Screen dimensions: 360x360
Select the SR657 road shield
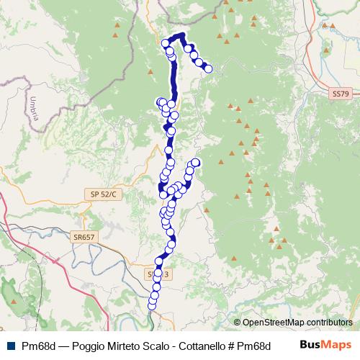coord(84,236)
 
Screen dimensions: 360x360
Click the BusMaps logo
coord(325,345)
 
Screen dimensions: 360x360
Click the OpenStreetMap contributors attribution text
coord(297,323)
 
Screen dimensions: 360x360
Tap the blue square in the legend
coord(9,346)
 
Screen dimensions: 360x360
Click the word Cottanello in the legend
coord(189,346)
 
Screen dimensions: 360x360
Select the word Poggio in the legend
coord(85,346)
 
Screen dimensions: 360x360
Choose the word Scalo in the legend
coord(153,346)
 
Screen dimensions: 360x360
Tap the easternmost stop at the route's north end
coord(209,69)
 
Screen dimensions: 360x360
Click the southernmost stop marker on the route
coord(152,306)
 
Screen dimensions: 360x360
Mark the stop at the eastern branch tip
coord(195,163)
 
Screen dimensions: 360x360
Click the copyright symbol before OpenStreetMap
coord(237,323)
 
